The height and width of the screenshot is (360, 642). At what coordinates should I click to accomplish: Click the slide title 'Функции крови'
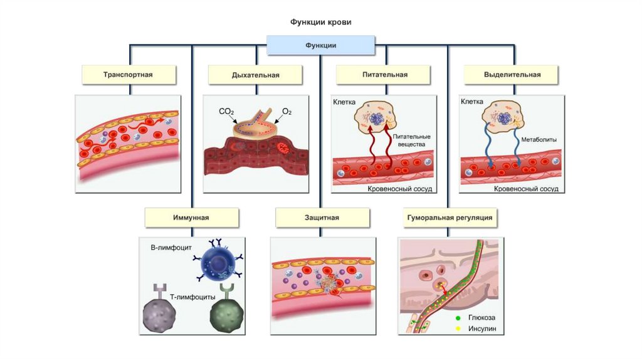point(320,22)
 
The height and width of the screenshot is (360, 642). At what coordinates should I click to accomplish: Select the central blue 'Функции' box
point(320,45)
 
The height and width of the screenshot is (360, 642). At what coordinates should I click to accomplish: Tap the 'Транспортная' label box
point(128,75)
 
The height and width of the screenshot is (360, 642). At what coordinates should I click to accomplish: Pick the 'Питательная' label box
point(384,75)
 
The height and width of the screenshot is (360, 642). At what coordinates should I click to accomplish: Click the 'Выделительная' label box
point(512,75)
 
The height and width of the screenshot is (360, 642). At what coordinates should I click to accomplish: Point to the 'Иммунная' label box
point(191,218)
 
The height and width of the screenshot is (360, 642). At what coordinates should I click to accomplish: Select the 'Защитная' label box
point(320,218)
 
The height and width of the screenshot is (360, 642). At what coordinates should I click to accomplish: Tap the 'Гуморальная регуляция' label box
point(448,218)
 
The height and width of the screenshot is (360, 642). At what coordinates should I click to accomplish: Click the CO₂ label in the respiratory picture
point(226,112)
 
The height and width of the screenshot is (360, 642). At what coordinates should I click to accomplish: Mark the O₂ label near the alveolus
point(287,112)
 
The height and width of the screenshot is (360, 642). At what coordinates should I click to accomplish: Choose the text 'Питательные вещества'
point(411,140)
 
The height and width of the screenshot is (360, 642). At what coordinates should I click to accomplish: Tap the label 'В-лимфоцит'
point(171,248)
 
